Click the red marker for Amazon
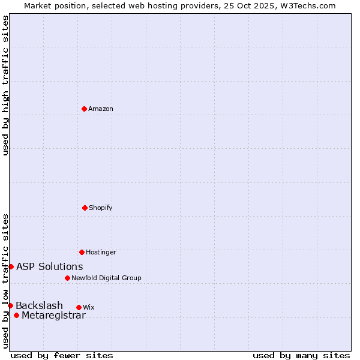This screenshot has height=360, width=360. pos(84,109)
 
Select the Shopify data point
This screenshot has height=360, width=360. pos(85,208)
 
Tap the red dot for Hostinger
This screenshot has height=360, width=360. pos(82,252)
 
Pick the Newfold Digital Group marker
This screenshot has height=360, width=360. pos(67,278)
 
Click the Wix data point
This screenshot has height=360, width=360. pos(79,307)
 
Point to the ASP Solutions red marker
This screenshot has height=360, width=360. pos(11,266)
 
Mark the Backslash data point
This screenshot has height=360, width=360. pos(10,305)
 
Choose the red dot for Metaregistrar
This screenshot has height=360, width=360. pos(16,316)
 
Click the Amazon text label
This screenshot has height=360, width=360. pos(101,109)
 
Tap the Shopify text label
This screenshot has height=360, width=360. pos(101,208)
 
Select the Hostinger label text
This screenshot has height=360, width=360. pos(101,253)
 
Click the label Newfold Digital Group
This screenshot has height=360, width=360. pos(106,278)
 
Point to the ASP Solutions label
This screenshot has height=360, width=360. pos(50,267)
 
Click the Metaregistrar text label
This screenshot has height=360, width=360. pos(53,316)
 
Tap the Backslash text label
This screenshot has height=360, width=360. pos(39,306)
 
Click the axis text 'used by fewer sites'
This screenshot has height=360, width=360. pos(62,356)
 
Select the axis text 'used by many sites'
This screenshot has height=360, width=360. pos(301,356)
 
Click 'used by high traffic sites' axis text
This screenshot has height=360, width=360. pos(5,85)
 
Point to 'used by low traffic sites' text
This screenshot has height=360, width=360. pos(5,281)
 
